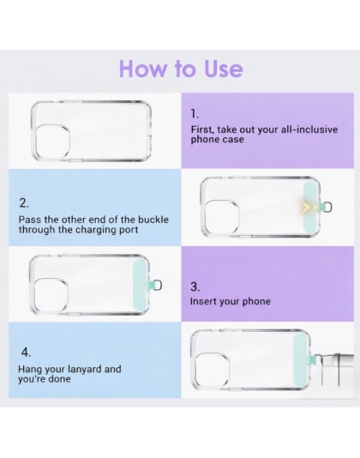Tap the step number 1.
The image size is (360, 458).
tap(195, 113)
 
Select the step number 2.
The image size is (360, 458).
tap(24, 203)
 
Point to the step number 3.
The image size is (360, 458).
tap(195, 286)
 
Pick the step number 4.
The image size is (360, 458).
tap(26, 353)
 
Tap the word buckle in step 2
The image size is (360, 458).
tap(153, 220)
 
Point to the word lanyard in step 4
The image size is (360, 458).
tap(85, 370)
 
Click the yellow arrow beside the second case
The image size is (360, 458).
tap(307, 207)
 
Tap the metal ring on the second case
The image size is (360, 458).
tap(328, 207)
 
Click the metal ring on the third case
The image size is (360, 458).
tap(158, 286)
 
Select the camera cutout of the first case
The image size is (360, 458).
tap(52, 142)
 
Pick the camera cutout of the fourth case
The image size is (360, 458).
tap(212, 371)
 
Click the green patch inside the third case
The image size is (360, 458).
tap(140, 285)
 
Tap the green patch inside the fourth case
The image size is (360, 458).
tap(300, 361)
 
